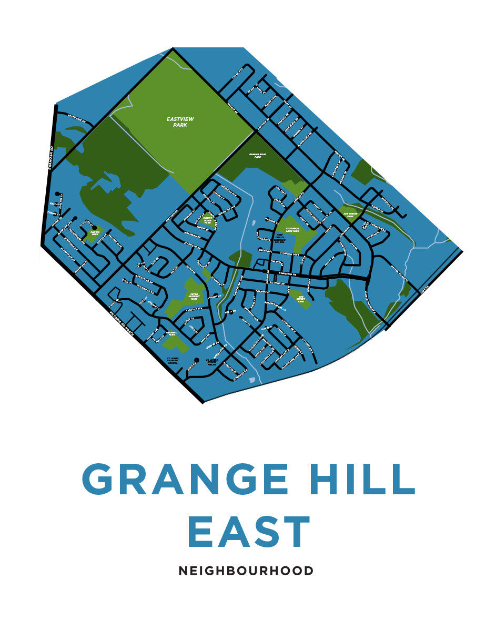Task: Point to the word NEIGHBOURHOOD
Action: click(246, 571)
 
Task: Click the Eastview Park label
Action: click(177, 123)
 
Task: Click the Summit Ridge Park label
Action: click(208, 219)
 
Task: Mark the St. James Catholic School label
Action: click(172, 360)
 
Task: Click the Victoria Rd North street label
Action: click(125, 323)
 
